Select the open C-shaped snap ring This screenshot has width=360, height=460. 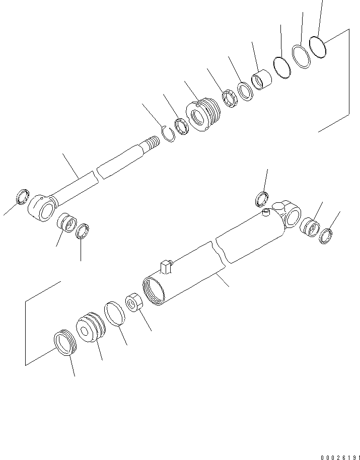pyautogui.click(x=169, y=133)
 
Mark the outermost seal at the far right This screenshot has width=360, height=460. pyautogui.click(x=326, y=235)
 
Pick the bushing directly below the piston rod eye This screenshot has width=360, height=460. pyautogui.click(x=66, y=222)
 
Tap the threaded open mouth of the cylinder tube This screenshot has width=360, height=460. pyautogui.click(x=153, y=292)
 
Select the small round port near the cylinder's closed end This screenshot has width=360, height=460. pyautogui.click(x=267, y=214)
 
